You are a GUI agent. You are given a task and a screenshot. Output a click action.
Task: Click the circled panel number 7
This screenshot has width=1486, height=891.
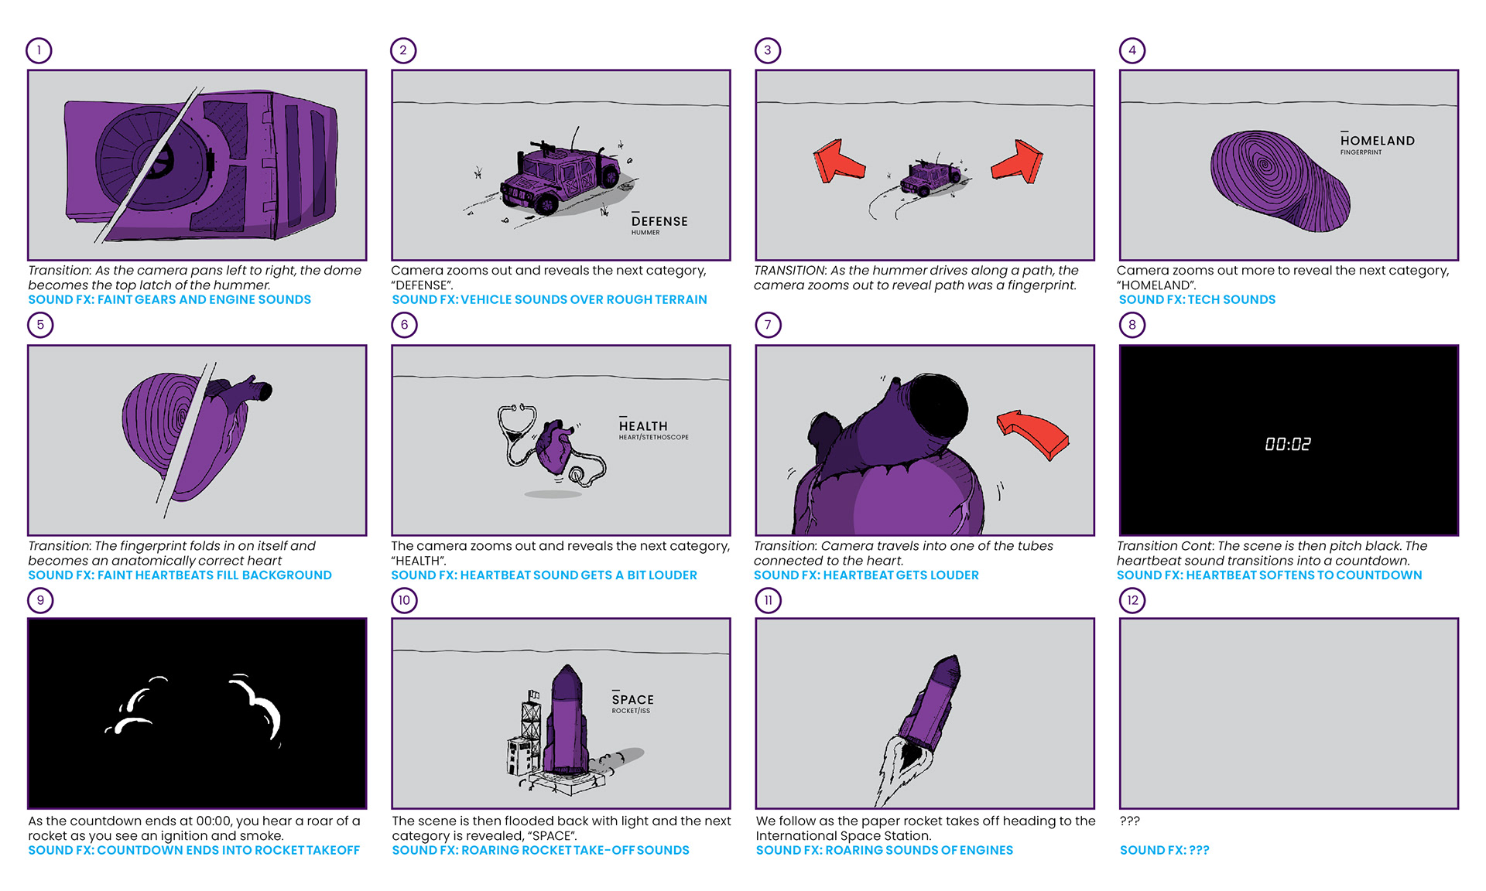pos(768,325)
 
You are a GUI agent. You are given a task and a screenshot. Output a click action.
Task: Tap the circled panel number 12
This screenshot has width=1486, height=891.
pos(1132,600)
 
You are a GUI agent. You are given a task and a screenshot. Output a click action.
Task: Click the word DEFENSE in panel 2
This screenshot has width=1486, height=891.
pos(659,221)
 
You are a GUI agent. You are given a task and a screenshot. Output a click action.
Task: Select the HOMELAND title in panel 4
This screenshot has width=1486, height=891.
pos(1378,141)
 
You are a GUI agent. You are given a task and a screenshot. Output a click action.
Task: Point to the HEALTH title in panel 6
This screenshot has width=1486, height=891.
pos(643,426)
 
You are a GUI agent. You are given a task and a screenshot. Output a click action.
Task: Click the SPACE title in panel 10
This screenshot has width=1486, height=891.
pos(633,700)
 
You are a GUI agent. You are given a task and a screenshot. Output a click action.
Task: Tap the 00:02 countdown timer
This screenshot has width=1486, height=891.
pos(1288,444)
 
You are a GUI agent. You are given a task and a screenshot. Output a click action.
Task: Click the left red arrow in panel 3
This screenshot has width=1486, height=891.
pos(838,161)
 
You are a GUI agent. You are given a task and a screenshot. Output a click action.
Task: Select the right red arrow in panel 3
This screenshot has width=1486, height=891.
pos(1019,162)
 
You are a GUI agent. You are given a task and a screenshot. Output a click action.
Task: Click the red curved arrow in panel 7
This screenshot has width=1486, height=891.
pos(1033,433)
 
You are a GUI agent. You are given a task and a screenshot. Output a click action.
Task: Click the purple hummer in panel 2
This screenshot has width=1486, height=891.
pos(559,176)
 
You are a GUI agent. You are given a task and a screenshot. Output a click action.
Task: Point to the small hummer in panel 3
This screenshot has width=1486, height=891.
pos(931,178)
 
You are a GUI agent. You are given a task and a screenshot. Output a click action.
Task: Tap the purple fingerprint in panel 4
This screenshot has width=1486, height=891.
pos(1279,179)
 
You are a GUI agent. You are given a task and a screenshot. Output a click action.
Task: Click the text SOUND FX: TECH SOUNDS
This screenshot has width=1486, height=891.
pos(1197,300)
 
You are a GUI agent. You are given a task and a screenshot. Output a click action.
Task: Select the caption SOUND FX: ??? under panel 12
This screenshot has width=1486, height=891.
pos(1164,850)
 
